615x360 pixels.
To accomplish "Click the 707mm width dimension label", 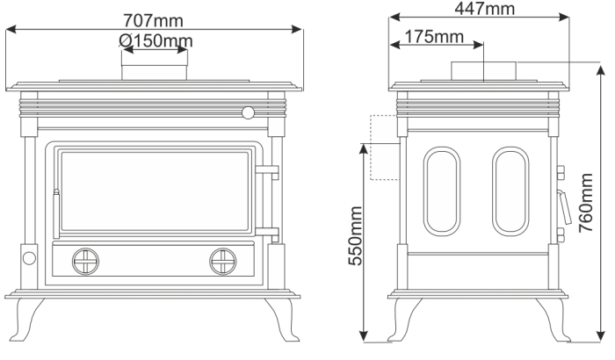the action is tap(153, 21).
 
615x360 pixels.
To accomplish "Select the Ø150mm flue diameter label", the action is tap(156, 40).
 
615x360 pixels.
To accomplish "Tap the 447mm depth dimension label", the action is tap(484, 9).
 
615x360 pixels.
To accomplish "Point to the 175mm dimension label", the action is tap(434, 37).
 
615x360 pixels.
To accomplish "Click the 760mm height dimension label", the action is tap(586, 202).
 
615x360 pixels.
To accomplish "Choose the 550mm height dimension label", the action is tap(355, 236).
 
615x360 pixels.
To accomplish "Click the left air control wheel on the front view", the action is tap(85, 262).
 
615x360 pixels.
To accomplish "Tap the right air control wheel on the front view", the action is tap(223, 262).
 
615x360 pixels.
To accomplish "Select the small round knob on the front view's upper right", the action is tap(248, 113).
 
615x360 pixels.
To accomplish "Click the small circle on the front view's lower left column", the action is tap(29, 258).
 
